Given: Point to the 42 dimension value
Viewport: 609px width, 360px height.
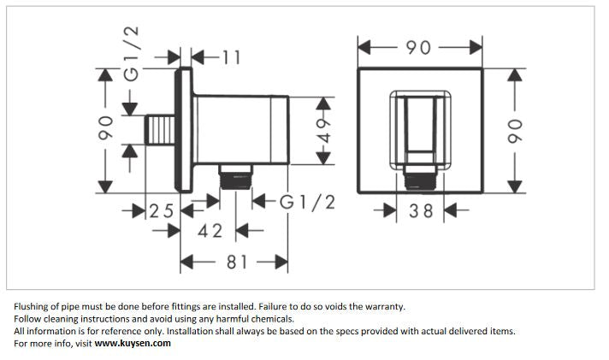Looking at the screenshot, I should click(210, 231).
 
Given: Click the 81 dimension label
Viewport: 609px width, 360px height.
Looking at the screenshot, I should click(237, 262).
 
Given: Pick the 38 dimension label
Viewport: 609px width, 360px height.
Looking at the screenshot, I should click(421, 210).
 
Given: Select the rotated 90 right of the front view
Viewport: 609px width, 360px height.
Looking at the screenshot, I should click(515, 129).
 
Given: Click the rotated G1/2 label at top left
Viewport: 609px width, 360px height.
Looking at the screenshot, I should click(131, 55).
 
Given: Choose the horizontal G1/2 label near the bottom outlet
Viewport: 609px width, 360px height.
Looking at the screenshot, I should click(307, 203).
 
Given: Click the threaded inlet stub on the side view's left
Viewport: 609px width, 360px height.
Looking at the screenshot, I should click(158, 130).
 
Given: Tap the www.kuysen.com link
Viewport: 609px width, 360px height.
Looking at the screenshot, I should click(133, 343).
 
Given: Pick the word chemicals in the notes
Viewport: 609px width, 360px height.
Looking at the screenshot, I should click(268, 319).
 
